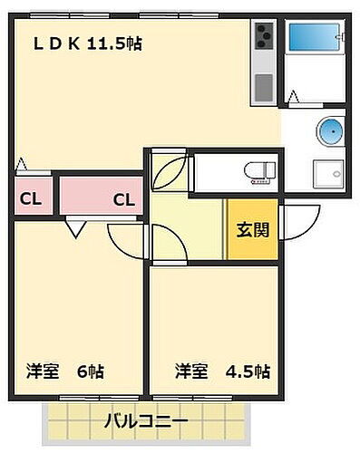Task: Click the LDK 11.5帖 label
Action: click(x=88, y=43)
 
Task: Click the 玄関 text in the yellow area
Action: click(x=252, y=229)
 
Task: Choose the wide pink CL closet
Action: click(x=100, y=198)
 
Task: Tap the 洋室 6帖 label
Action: click(x=66, y=371)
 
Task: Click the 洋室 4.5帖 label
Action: click(x=221, y=371)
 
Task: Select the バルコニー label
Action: click(x=145, y=421)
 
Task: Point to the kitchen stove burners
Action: click(x=264, y=38)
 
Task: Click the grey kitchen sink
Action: click(x=264, y=87)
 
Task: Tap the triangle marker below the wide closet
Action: click(x=75, y=230)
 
